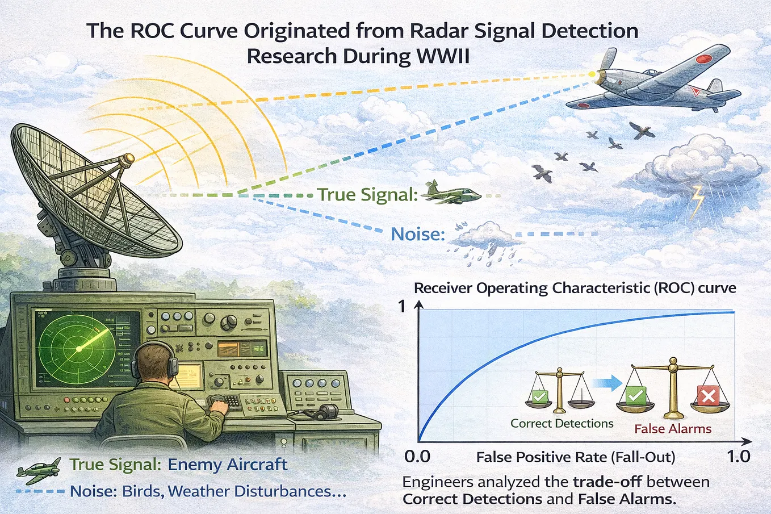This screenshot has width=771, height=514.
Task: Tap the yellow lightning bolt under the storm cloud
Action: (698, 202)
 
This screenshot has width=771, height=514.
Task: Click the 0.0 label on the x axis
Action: (417, 457)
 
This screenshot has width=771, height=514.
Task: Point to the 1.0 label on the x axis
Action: (739, 457)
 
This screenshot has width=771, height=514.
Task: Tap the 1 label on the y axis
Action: (402, 306)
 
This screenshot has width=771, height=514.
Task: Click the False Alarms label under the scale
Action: (673, 429)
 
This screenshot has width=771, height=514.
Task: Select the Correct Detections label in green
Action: (562, 424)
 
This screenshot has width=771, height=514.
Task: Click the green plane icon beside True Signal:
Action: (451, 193)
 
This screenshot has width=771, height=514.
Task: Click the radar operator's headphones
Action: (155, 361)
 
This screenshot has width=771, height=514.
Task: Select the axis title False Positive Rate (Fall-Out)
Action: (576, 457)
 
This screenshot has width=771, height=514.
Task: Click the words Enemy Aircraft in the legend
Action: (227, 465)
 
